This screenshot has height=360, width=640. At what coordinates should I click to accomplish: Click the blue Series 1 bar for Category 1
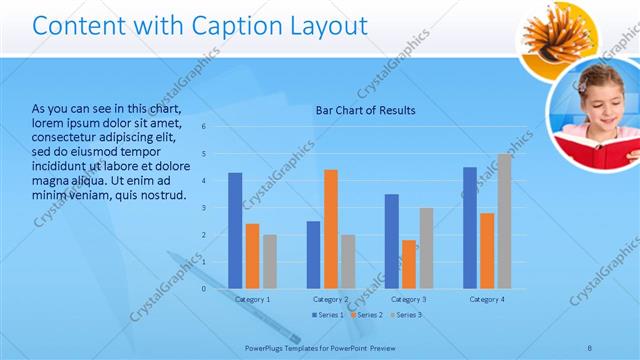coord(235,230)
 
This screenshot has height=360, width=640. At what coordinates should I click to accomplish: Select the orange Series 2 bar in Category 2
coord(331,229)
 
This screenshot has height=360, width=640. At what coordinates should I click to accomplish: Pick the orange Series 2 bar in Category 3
coord(409,264)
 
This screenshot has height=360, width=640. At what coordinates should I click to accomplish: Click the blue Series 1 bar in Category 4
coord(470,227)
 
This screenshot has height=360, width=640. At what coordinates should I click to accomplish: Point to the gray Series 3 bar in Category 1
coord(270,261)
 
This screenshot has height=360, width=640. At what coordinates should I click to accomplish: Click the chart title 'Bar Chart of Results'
coord(366,110)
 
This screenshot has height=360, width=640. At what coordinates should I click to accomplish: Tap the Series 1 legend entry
coord(327,315)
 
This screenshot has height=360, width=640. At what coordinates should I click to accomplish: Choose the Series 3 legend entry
coord(405,315)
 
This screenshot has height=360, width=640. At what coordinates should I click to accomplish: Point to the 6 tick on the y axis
coord(203,127)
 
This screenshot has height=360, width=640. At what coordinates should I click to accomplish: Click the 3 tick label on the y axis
coord(203,208)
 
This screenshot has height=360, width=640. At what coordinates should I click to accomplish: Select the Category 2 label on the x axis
coord(331,299)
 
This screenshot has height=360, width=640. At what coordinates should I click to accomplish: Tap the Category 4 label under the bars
coord(487,299)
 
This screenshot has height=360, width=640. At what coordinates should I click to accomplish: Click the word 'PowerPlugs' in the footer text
coord(265,347)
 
